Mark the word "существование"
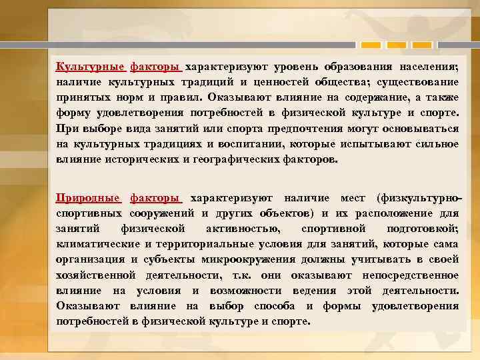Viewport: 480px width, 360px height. [x=419, y=83]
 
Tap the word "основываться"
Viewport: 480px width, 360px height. [x=419, y=129]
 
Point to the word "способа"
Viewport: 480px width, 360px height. [x=275, y=306]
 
